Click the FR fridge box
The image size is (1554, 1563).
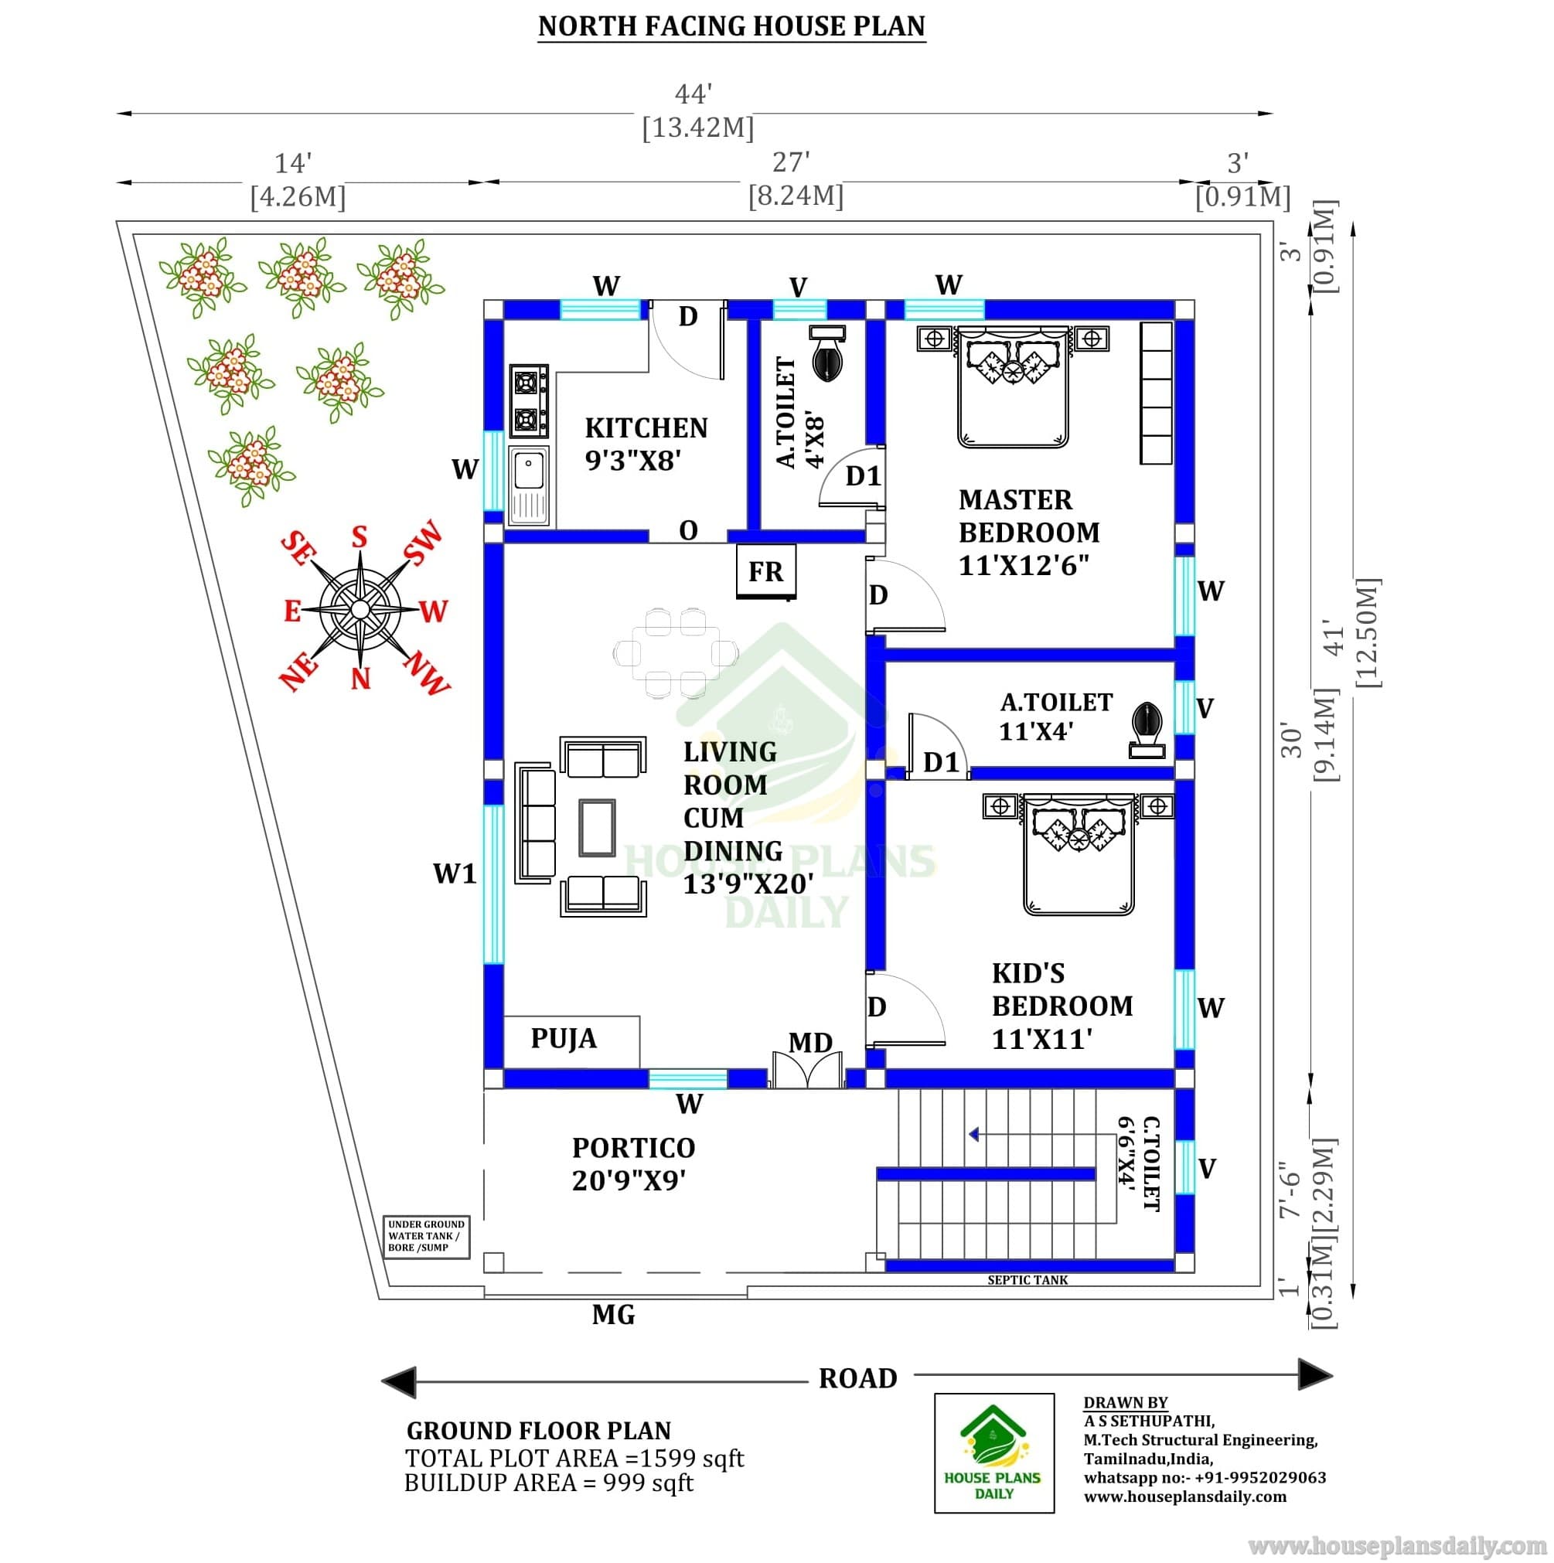click(765, 571)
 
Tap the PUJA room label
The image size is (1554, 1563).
click(564, 1038)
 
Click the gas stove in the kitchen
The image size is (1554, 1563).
click(528, 400)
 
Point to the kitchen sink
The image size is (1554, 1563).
click(528, 485)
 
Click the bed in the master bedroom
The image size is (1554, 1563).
click(1013, 386)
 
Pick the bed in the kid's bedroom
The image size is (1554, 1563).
click(1079, 853)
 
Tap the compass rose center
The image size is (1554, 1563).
click(360, 608)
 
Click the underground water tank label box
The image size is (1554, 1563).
click(426, 1236)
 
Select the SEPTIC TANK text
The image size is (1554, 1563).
click(1027, 1280)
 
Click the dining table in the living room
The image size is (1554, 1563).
click(676, 653)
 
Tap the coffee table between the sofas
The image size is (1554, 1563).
click(597, 827)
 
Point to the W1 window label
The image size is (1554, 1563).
click(455, 873)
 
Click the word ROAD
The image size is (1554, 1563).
click(858, 1378)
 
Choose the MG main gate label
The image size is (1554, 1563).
click(613, 1316)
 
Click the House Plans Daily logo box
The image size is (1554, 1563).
click(994, 1452)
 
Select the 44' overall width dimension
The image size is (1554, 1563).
click(694, 94)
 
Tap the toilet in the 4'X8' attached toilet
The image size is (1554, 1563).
click(827, 352)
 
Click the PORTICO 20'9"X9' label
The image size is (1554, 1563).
click(633, 1164)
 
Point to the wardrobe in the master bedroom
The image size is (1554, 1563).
click(1156, 393)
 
